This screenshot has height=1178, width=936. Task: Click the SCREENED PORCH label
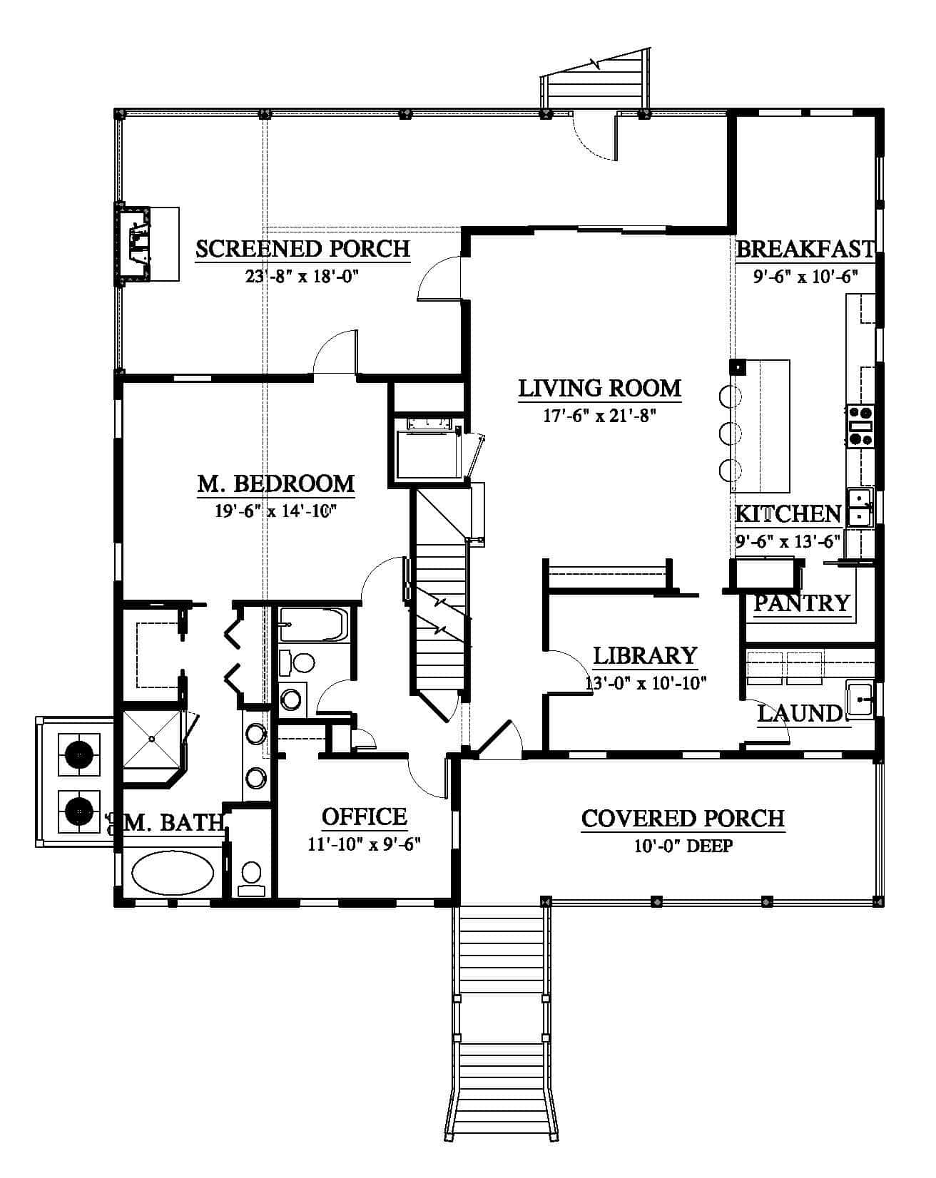click(x=302, y=249)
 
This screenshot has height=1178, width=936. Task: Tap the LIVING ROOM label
click(x=599, y=389)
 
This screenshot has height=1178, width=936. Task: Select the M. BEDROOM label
click(x=275, y=483)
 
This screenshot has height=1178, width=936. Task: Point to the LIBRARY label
click(x=645, y=655)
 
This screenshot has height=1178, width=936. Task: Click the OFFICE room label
click(x=364, y=816)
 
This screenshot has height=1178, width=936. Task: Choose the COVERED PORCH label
click(x=683, y=819)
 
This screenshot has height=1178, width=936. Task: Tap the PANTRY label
click(x=802, y=603)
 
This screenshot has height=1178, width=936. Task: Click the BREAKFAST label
click(x=805, y=249)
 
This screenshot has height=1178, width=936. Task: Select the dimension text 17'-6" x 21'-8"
click(x=599, y=415)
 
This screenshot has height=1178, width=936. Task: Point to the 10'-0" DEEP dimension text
click(x=683, y=846)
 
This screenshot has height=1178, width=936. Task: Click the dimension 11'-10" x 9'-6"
click(x=364, y=844)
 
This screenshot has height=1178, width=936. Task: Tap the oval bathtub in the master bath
click(x=173, y=874)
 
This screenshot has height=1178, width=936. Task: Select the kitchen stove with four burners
click(x=860, y=426)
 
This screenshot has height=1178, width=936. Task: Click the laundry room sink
click(x=860, y=699)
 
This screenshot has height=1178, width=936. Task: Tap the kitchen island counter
click(x=760, y=426)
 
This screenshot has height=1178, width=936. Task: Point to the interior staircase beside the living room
click(x=441, y=595)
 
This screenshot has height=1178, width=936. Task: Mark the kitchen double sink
click(x=860, y=507)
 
